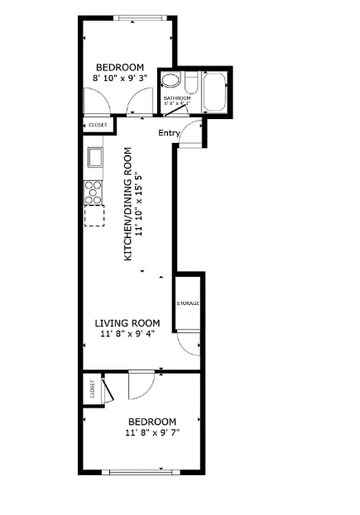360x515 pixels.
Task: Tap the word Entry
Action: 169,133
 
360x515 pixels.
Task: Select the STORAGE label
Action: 188,303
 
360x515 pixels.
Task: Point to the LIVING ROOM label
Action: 128,323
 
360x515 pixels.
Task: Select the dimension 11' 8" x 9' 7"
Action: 152,433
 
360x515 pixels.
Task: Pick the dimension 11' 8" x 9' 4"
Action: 128,334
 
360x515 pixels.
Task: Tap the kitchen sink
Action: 95,156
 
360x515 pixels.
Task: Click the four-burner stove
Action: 94,192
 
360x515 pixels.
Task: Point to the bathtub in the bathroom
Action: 214,92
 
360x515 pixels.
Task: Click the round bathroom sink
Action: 170,81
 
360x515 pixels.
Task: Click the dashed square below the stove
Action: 94,216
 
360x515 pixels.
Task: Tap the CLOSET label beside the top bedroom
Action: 98,125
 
